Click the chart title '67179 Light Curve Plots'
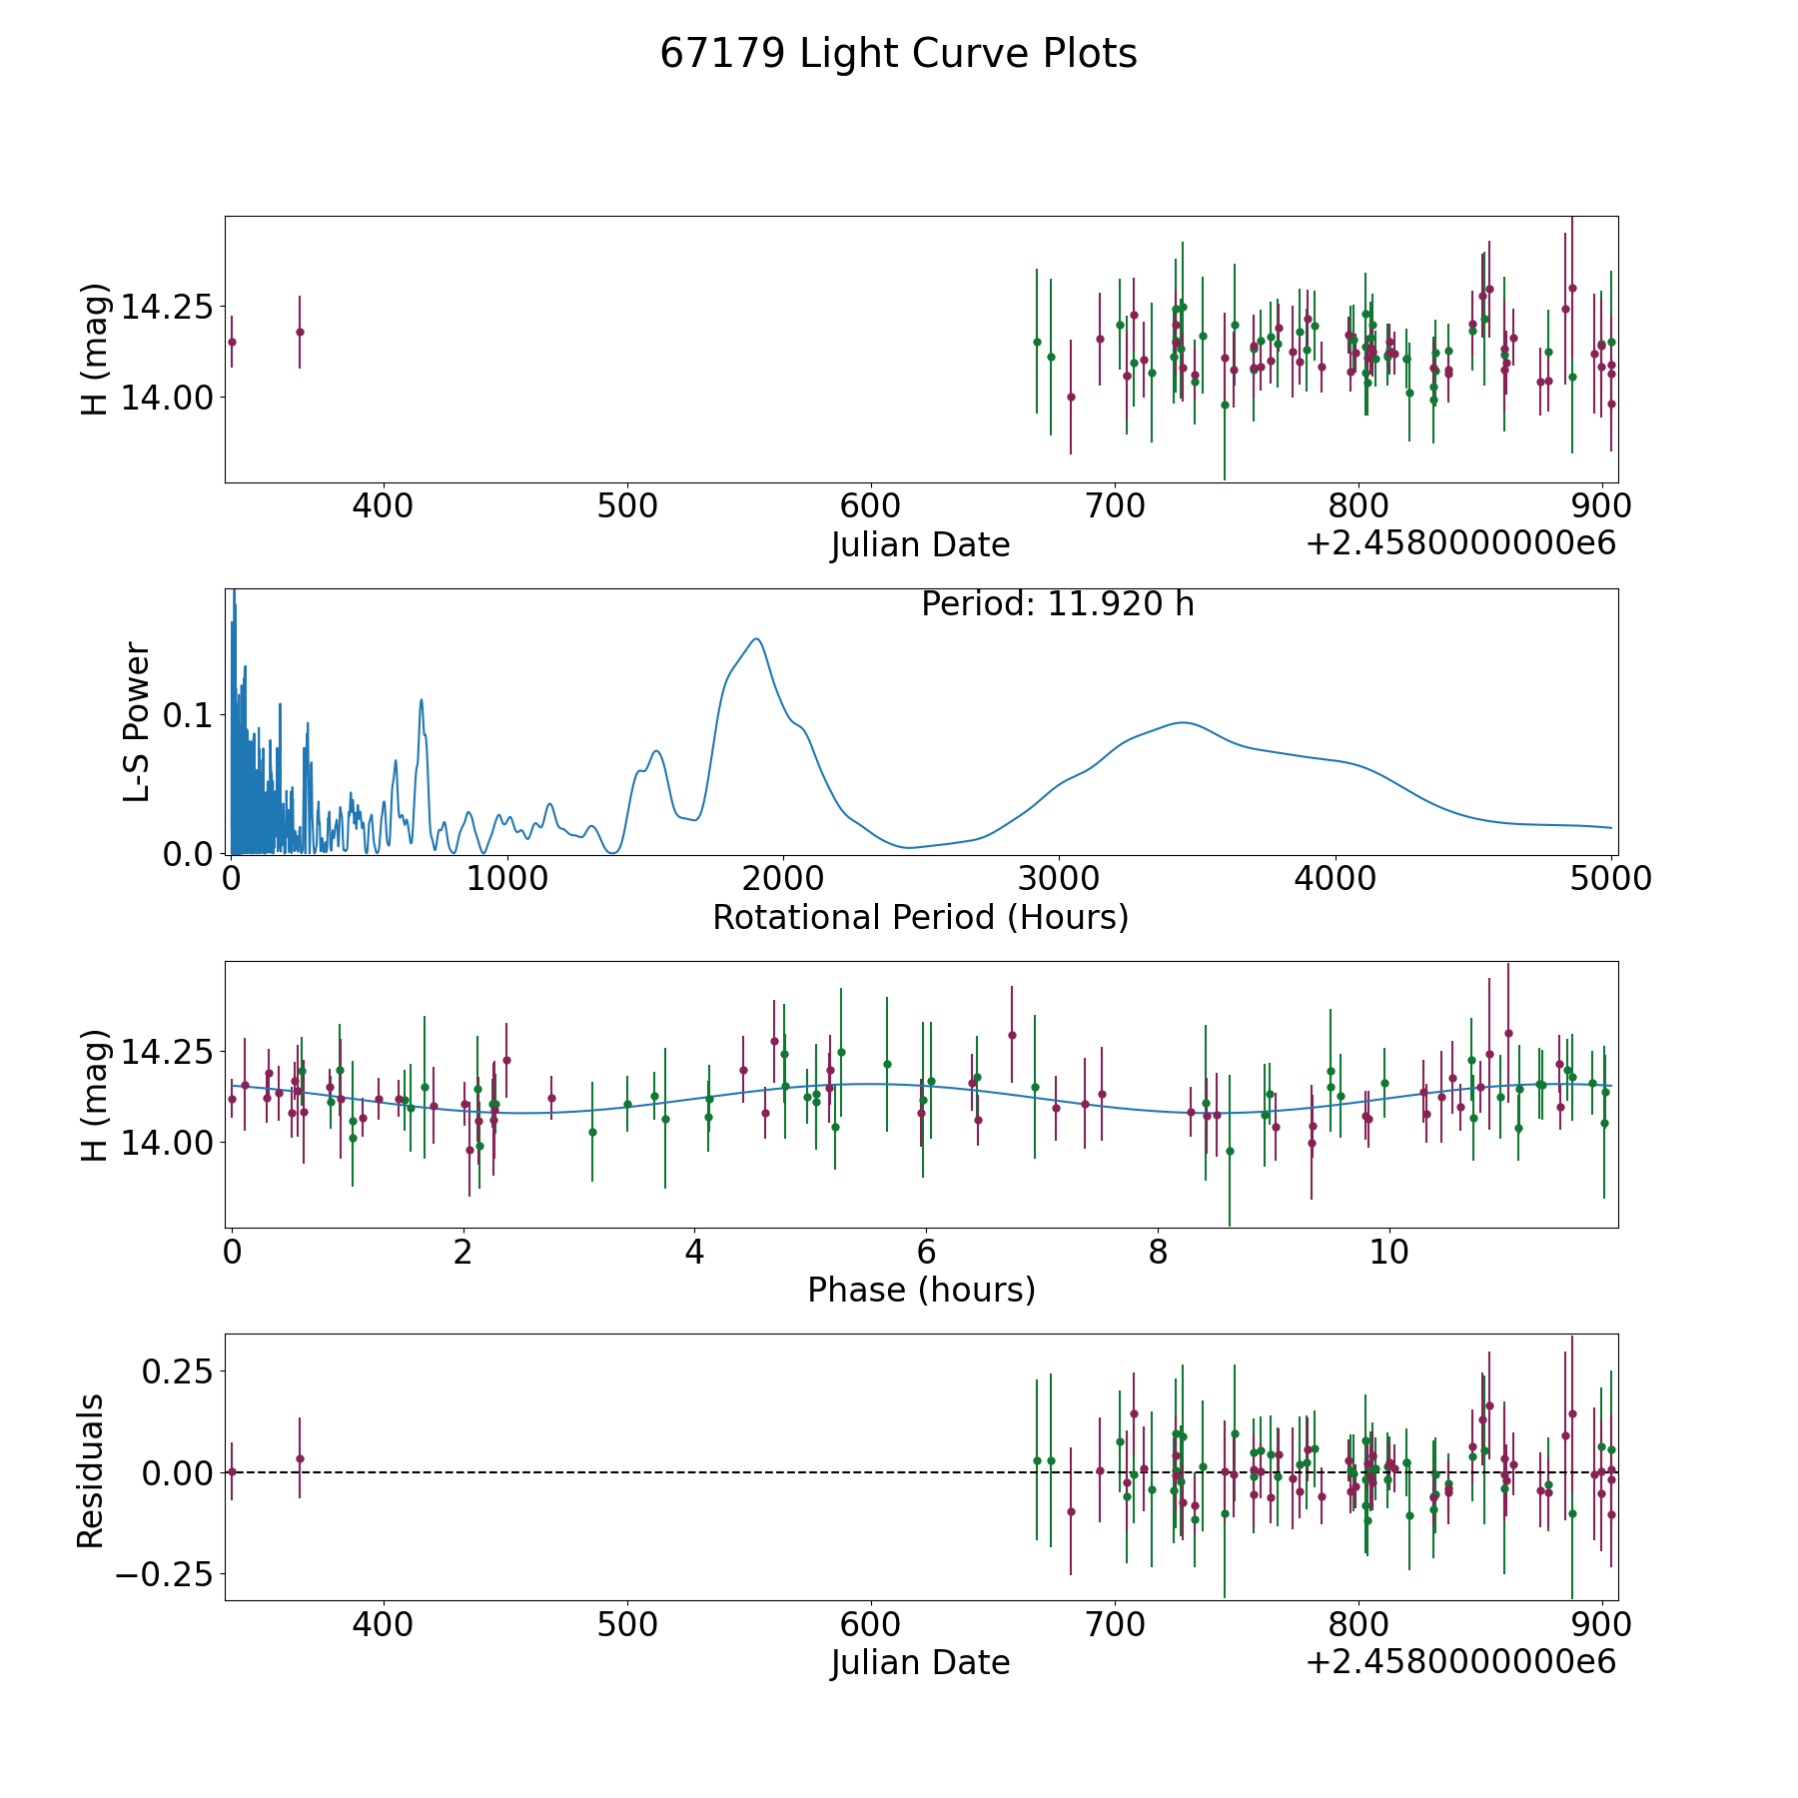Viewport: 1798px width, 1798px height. point(898,54)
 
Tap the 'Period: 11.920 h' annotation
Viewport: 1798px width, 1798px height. point(1057,604)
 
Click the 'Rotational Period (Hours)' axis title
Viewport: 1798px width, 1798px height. point(920,917)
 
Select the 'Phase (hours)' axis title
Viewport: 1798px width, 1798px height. point(921,1290)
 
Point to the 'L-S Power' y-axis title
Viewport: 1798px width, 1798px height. point(137,721)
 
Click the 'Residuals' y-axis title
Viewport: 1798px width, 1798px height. point(91,1470)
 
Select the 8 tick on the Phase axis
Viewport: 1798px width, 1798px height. point(1158,1252)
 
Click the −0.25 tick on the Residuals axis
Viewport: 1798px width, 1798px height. point(164,1575)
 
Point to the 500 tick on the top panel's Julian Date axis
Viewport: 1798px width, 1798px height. point(627,506)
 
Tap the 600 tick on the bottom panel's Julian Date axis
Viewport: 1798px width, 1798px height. point(871,1624)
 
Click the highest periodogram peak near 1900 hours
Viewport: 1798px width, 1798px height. point(756,639)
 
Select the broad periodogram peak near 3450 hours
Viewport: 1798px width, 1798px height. point(1183,722)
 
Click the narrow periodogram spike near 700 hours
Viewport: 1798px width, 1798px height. point(422,699)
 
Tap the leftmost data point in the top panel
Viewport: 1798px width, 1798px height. point(232,342)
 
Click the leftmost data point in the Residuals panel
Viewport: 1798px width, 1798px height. point(232,1471)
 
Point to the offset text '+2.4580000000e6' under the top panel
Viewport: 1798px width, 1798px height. point(1460,544)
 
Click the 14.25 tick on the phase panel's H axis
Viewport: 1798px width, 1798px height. point(164,1053)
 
